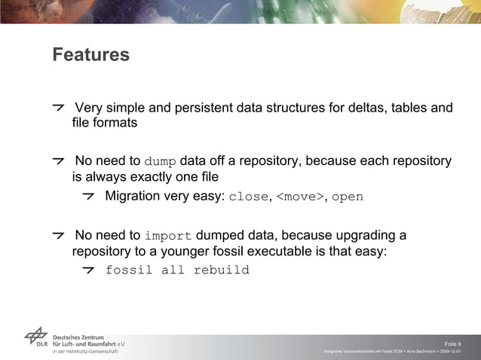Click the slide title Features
pos(90,56)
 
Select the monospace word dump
pos(160,162)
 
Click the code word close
pos(248,197)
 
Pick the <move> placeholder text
pos(301,197)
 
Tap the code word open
pos(348,197)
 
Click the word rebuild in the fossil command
pos(221,270)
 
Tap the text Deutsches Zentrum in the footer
pos(78,337)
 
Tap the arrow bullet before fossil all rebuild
pos(90,270)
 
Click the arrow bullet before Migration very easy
pos(90,197)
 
